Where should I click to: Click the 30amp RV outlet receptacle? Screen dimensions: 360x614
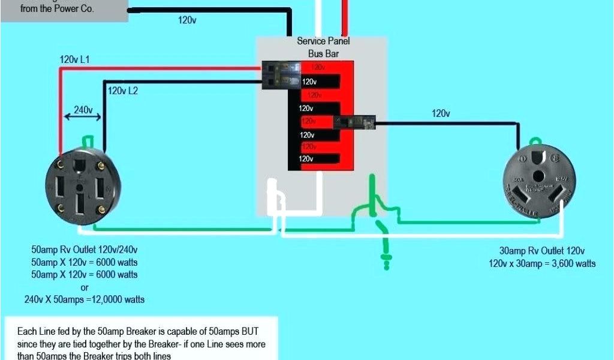coord(535,179)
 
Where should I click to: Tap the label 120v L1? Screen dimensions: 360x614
coord(74,59)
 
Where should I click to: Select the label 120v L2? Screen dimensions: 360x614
coord(123,91)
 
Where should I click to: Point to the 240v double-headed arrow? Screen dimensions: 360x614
coord(83,118)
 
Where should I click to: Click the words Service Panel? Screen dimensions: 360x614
coord(323,41)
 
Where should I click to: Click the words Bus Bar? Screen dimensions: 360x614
coord(324,53)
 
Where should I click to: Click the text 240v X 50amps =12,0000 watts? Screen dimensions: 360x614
coord(84,299)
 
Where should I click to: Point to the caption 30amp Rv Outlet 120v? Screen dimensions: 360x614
coord(542,251)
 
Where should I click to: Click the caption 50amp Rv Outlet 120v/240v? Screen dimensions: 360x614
coord(89,249)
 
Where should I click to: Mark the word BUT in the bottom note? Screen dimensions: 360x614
coord(266,331)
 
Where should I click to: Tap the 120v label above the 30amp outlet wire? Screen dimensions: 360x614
coord(441,113)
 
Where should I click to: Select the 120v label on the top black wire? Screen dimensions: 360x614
coord(187,20)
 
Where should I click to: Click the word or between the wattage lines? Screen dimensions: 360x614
coord(84,287)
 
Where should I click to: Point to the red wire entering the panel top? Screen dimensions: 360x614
coord(345,18)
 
